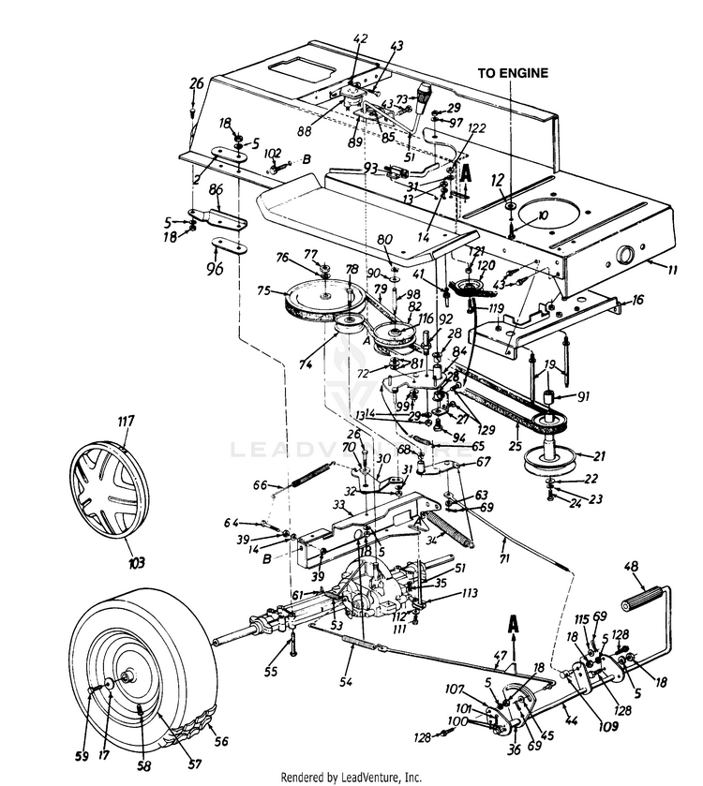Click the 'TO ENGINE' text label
click(513, 72)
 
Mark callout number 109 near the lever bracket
click(583, 699)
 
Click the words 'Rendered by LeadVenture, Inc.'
click(351, 776)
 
